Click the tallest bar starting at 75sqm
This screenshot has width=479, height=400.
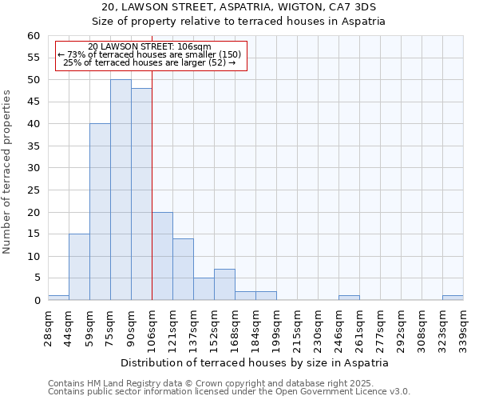[x=121, y=190]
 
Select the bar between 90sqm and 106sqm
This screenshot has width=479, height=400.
[x=141, y=194]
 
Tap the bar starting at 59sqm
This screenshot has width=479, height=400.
[x=100, y=212]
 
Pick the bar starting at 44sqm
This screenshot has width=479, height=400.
[x=79, y=267]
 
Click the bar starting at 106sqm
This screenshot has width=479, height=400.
[x=162, y=256]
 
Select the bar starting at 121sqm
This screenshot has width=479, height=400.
[x=183, y=270]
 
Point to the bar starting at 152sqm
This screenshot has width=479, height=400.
[x=224, y=285]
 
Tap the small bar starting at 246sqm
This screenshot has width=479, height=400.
[x=349, y=298]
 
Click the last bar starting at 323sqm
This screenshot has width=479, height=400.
[x=453, y=298]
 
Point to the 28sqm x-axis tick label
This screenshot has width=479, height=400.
[x=49, y=328]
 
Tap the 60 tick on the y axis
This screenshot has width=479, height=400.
[x=33, y=36]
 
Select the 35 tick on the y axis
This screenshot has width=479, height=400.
[x=33, y=146]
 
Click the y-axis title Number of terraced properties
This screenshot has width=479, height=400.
[x=7, y=171]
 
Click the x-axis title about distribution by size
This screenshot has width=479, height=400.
[x=255, y=362]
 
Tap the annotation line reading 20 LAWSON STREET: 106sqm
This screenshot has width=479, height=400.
[x=149, y=47]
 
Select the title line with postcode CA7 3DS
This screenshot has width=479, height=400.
[x=239, y=7]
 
